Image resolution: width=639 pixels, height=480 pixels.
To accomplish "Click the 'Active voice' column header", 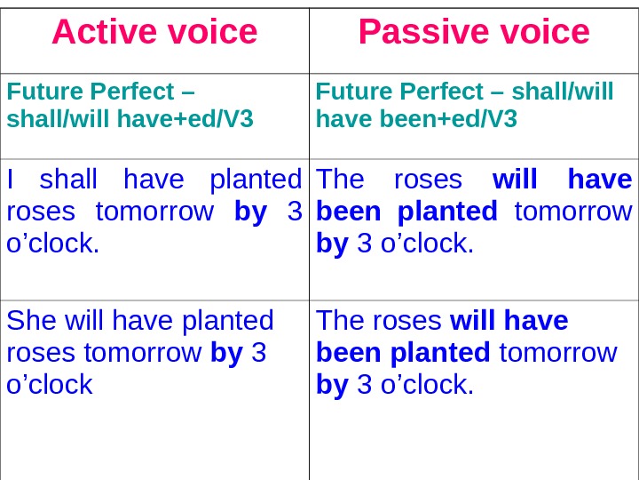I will (x=154, y=33).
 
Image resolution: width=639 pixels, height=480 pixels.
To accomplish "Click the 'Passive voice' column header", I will (x=474, y=33).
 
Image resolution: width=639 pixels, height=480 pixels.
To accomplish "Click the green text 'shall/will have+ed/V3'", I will (x=130, y=118).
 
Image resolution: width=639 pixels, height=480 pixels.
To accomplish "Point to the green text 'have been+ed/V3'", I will (x=416, y=118).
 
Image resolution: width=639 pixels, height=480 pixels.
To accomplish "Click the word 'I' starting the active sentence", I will (x=10, y=180).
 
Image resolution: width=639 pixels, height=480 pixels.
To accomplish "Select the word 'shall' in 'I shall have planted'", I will (x=68, y=180).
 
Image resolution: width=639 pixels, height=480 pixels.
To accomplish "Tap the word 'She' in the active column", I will (x=31, y=320).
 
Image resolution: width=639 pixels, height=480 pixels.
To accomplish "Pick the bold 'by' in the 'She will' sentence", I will (x=226, y=352).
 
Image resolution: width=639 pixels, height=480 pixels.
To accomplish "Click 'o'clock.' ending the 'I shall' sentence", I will (x=53, y=244).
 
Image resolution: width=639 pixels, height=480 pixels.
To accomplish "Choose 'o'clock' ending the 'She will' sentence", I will (x=50, y=384).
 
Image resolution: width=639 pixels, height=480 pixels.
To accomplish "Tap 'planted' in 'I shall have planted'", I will (x=256, y=180).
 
